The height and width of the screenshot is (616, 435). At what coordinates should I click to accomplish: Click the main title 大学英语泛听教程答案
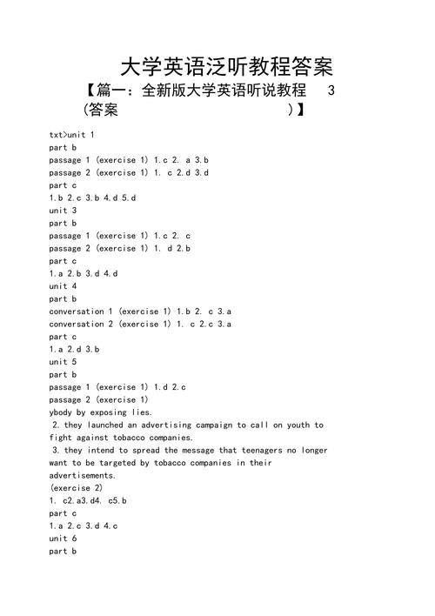(226, 67)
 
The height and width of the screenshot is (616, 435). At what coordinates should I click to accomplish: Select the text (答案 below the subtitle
(97, 111)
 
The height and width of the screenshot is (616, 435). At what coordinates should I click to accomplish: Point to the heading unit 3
(64, 211)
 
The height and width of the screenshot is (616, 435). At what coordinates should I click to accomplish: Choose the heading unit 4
(64, 286)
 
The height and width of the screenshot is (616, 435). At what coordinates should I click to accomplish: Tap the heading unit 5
(64, 362)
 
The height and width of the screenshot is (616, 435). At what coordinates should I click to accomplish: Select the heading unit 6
(64, 539)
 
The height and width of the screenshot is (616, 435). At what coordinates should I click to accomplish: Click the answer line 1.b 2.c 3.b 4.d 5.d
(93, 198)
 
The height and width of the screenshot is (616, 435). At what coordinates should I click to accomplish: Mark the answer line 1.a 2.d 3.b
(75, 349)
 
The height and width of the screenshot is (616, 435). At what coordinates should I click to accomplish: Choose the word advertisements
(83, 476)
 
